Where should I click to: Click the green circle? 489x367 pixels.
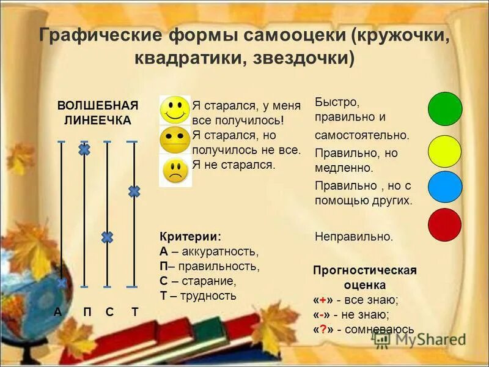445,109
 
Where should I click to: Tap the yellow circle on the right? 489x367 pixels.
445,151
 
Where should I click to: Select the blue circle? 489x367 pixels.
445,187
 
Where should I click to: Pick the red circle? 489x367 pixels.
445,224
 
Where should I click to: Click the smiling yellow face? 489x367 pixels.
175,110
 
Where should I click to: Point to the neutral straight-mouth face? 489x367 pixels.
175,140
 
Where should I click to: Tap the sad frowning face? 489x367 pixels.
175,171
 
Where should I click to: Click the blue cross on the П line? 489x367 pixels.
84,149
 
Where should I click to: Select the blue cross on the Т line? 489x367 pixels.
134,191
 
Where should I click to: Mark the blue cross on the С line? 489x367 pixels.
107,237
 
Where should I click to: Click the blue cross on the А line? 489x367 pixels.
62,283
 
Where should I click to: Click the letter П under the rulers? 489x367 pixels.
87,312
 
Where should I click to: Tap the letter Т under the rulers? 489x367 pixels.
134,312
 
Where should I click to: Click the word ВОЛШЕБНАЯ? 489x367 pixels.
98,105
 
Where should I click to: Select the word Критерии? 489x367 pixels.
189,237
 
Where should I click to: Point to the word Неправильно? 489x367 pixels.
354,236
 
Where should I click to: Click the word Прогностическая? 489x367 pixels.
364,270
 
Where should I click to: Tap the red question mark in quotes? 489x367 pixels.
322,329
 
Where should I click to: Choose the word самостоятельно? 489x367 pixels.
362,135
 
